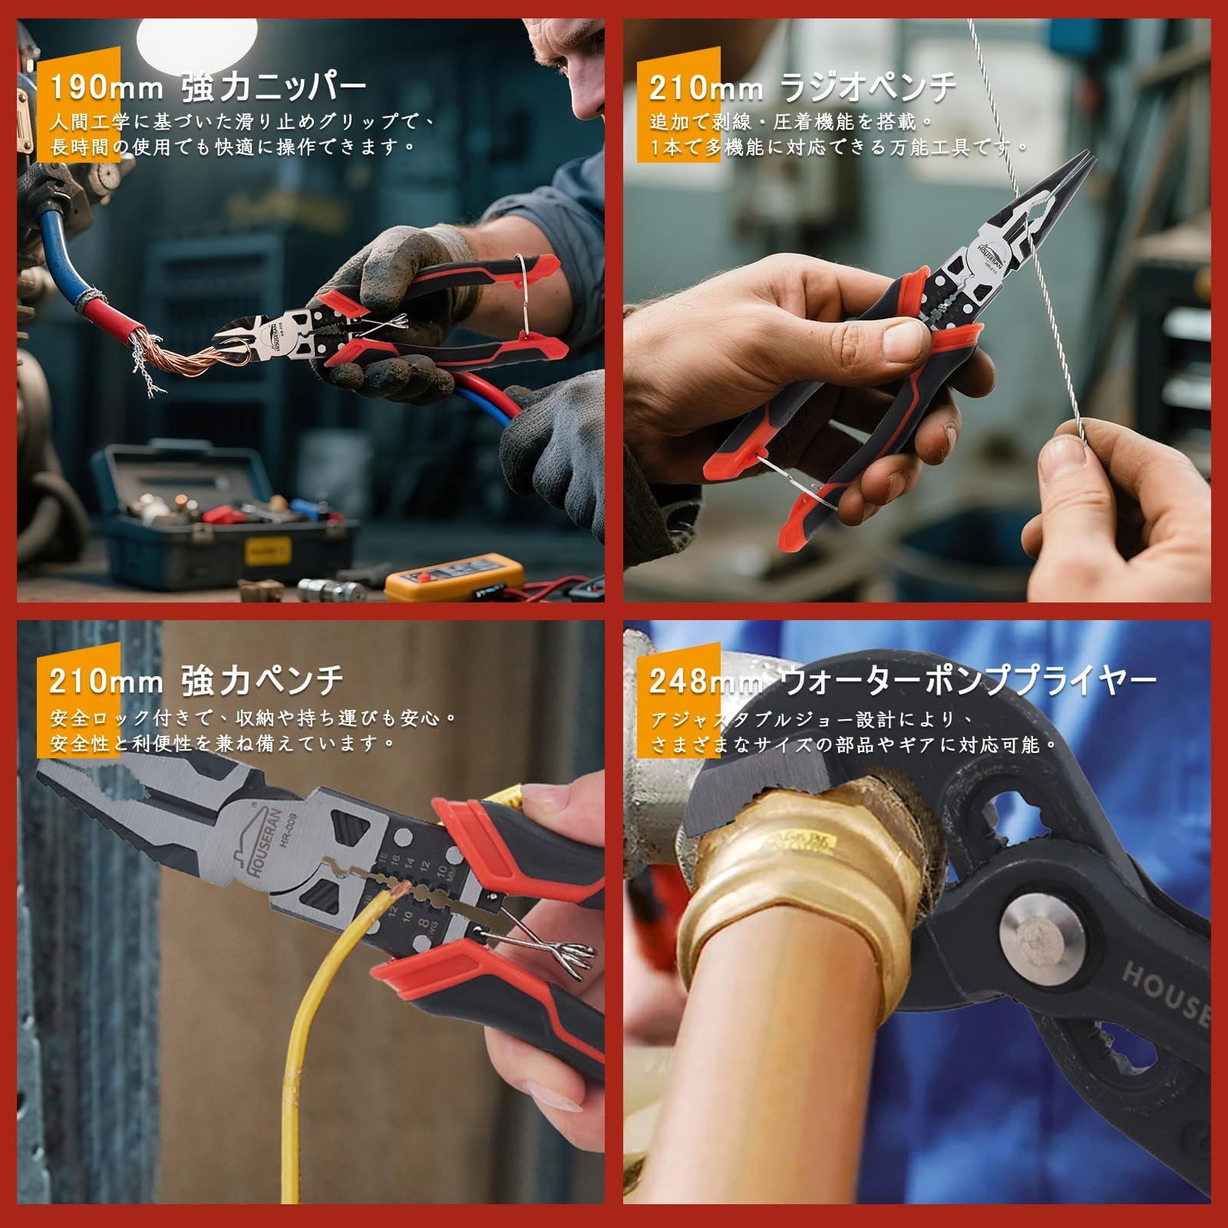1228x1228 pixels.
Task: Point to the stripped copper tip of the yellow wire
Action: (x=401, y=890)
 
